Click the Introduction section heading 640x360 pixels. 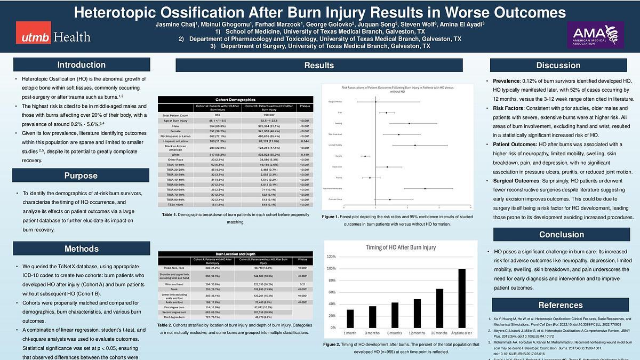click(81, 65)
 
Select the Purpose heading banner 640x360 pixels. click(81, 175)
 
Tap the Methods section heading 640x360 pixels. click(81, 249)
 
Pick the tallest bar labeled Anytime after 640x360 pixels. click(462, 298)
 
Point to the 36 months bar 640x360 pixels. click(439, 308)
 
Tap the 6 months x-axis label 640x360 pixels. click(395, 333)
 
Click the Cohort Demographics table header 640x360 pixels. click(236, 100)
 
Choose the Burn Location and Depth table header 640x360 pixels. click(236, 254)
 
